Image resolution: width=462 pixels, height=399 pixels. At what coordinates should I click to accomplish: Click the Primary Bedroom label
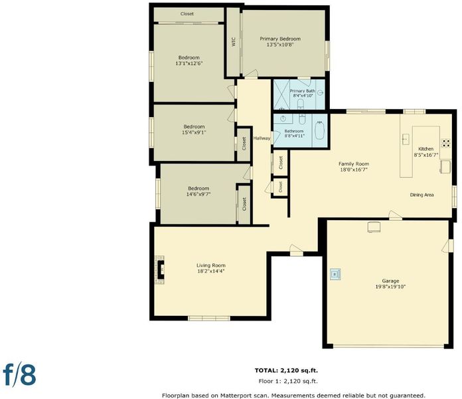tap(280, 39)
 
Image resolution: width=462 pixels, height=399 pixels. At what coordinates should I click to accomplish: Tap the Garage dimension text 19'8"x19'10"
tap(390, 287)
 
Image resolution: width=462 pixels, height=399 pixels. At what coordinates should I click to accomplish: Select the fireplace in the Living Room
tap(160, 270)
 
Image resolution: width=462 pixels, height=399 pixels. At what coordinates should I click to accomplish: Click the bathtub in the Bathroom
tap(320, 130)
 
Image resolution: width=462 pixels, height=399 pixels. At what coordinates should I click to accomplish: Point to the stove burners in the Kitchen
tap(445, 143)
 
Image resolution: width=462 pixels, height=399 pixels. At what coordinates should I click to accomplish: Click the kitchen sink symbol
tap(406, 139)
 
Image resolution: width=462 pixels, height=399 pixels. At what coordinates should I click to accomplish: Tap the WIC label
tap(234, 42)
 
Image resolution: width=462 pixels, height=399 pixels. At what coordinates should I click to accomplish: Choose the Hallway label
tap(262, 138)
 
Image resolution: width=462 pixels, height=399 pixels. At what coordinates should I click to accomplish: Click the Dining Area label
tap(422, 195)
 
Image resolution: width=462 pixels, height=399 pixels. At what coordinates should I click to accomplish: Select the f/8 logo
tap(19, 375)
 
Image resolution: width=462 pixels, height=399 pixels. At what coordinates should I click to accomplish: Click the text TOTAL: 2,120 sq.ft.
tap(286, 370)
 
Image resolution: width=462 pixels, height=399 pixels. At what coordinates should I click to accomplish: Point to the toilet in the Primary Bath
tap(301, 104)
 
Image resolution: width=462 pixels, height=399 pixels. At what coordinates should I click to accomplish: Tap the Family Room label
tap(354, 164)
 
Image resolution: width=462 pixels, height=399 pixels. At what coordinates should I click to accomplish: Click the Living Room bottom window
tap(209, 319)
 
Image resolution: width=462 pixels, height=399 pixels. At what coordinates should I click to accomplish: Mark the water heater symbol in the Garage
tap(335, 274)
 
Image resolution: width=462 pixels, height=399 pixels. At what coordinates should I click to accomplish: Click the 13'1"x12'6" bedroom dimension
tap(189, 63)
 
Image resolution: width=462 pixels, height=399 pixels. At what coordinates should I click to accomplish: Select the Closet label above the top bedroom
tap(187, 13)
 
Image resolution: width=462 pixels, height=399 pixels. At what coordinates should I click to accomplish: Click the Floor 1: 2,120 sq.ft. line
tap(288, 381)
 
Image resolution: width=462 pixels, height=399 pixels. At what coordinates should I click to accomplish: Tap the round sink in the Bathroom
tap(283, 118)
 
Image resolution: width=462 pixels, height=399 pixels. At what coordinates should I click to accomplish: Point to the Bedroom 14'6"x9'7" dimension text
tap(198, 194)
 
